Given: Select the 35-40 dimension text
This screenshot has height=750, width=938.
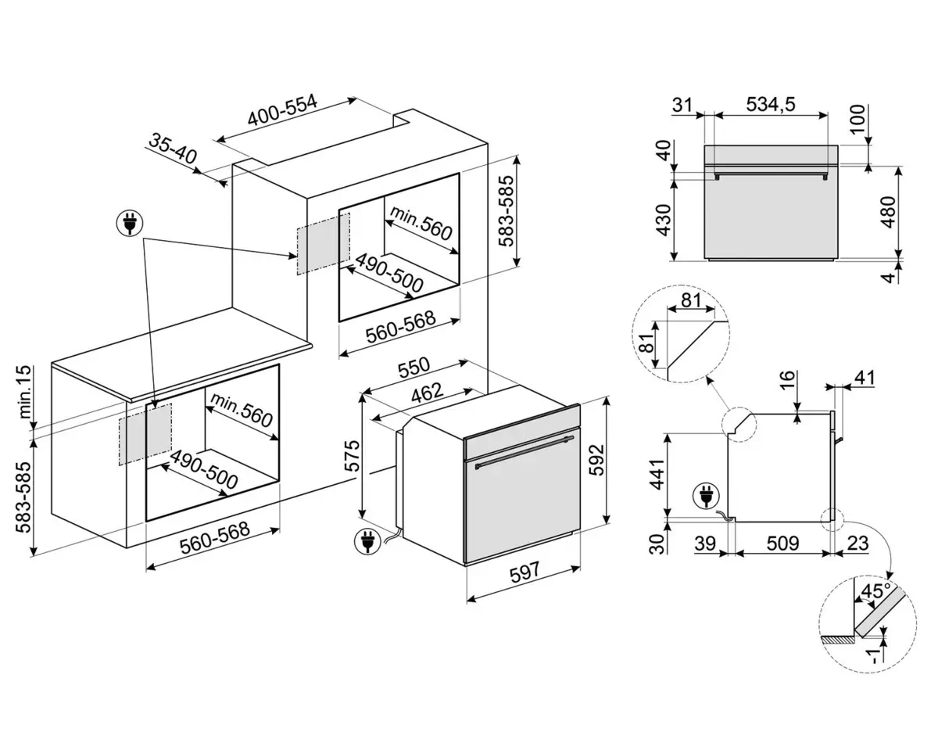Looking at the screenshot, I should (x=173, y=149).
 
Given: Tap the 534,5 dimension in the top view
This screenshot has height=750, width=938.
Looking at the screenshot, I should (x=770, y=104).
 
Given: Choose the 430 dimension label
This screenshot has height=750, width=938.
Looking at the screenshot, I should (x=662, y=220).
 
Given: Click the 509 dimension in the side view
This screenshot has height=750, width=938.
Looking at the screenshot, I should (x=782, y=544).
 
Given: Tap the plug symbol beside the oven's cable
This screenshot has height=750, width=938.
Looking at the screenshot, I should (x=366, y=539).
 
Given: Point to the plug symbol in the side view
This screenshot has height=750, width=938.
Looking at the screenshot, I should (x=705, y=494).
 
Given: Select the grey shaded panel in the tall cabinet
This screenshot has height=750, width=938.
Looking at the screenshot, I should (x=323, y=242).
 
